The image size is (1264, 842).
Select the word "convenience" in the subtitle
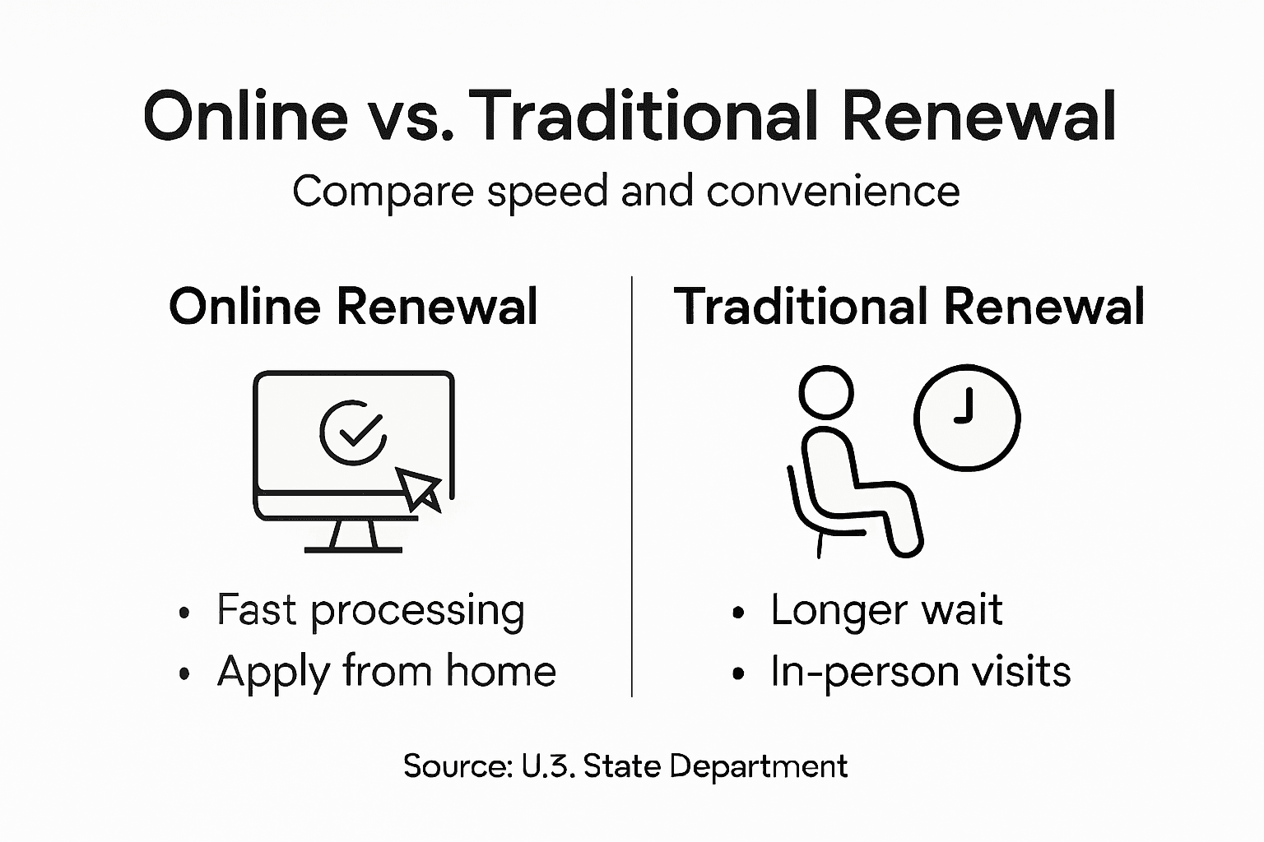833,192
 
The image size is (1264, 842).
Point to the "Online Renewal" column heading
353,307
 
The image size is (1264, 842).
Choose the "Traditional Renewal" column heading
909,307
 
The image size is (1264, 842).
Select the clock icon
967,417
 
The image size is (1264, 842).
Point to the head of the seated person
826,392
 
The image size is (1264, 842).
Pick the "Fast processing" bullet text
370,611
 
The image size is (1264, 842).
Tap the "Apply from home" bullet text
387,672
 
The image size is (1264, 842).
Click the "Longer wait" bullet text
886,611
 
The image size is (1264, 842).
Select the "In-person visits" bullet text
920,672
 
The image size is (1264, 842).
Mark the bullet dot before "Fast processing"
184,613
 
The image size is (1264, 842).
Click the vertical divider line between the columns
632,485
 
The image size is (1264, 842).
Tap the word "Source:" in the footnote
457,766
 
